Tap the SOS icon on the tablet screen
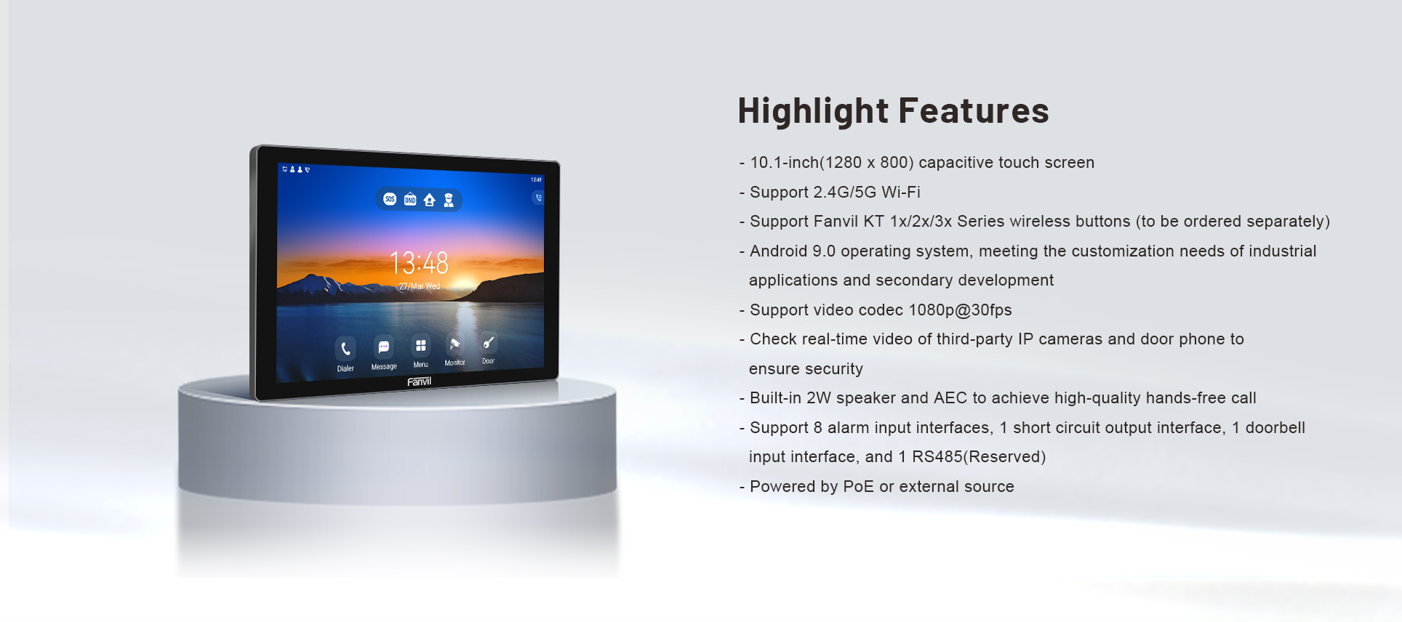tap(390, 199)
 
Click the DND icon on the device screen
tap(410, 199)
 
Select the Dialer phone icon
tap(345, 349)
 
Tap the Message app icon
tap(384, 347)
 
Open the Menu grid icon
tap(420, 345)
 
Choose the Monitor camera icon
tap(454, 344)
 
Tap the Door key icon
tap(488, 342)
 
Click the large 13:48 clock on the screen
tap(419, 262)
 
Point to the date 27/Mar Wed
tap(420, 286)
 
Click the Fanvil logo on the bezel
tap(419, 381)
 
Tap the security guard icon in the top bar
tap(449, 200)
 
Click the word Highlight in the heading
tap(813, 111)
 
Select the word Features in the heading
tap(974, 110)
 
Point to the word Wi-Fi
tap(901, 192)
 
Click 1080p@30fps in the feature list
tap(960, 310)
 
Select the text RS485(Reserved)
tap(979, 457)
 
